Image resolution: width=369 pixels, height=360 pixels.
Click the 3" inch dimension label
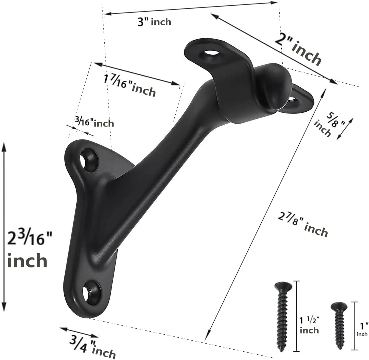point(154,22)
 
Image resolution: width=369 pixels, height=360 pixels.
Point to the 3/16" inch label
point(94,122)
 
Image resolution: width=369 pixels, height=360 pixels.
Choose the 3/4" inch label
point(93,347)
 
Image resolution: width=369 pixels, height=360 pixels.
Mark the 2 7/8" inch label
point(303,225)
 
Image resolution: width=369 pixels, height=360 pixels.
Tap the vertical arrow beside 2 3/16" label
point(4,226)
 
